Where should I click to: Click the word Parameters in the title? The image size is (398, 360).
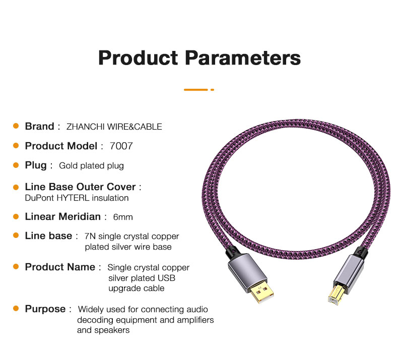[x=243, y=58]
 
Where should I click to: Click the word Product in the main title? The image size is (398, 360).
[x=138, y=58]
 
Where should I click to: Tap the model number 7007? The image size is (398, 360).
[x=121, y=146]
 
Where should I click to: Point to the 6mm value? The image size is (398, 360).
[x=123, y=217]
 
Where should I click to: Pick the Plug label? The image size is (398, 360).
[x=36, y=165]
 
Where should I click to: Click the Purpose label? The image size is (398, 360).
[x=45, y=309]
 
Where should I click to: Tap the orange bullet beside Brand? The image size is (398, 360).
[x=16, y=126]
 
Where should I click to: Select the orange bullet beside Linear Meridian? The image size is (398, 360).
[x=16, y=216]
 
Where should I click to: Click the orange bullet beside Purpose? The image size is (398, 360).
[x=16, y=309]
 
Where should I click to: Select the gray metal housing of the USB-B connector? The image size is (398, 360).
[x=348, y=271]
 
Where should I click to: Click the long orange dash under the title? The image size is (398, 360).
[x=196, y=90]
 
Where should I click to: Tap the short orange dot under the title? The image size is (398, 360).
[x=213, y=90]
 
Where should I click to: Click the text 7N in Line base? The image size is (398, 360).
[x=90, y=236]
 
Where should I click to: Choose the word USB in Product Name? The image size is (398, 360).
[x=167, y=278]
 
